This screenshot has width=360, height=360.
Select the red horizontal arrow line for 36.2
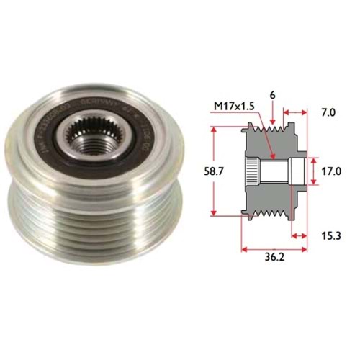coord(274,250)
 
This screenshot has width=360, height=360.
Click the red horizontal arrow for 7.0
coord(296,113)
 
